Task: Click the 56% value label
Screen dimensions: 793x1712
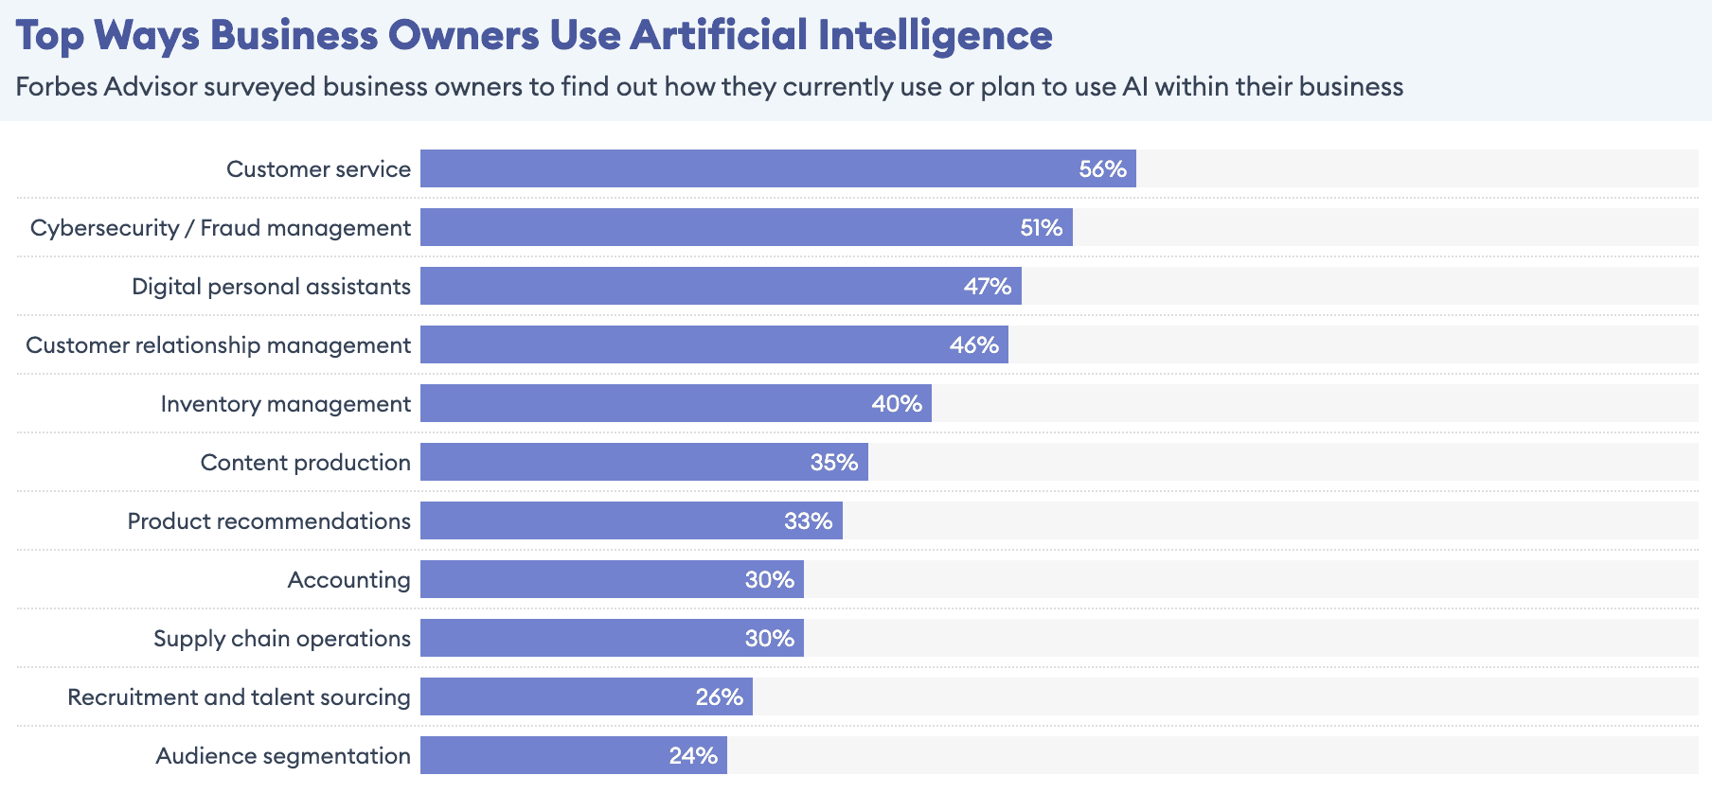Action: (1102, 169)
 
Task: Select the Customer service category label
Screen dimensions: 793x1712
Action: (318, 169)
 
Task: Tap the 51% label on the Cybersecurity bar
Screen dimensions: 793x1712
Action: (1041, 228)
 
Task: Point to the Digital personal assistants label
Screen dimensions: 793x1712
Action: (271, 287)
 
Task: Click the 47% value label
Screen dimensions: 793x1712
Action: (987, 287)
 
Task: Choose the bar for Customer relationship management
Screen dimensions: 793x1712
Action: (714, 345)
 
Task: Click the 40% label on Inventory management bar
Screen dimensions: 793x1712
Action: (896, 404)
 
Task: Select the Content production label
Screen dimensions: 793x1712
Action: (305, 463)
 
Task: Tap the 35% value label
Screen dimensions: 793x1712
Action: (833, 463)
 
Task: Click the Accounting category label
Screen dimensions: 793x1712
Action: (348, 580)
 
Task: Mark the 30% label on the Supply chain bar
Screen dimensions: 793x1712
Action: (769, 639)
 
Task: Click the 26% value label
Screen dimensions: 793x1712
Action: (719, 697)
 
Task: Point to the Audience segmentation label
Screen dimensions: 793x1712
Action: (282, 756)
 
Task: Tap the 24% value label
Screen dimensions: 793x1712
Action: (692, 756)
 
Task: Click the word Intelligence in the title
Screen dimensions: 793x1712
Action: (935, 36)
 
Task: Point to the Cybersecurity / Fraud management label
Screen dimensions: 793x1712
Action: (220, 228)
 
